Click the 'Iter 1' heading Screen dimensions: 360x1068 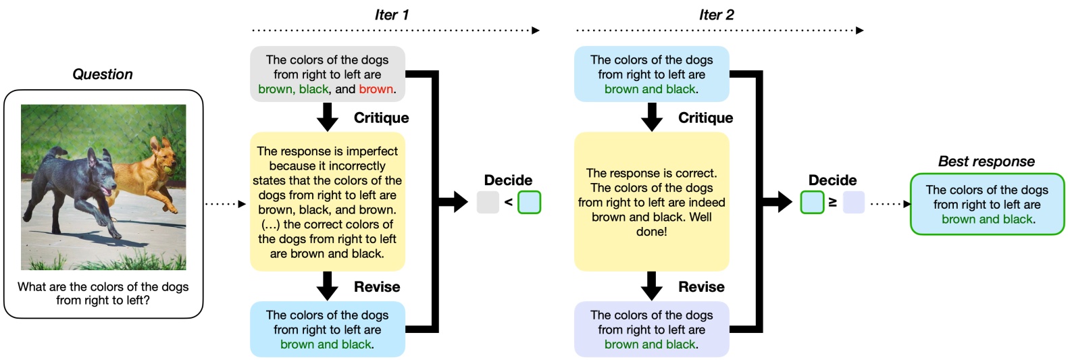pos(391,15)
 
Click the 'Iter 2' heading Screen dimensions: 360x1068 pos(716,15)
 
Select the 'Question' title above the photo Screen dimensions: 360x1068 pos(103,74)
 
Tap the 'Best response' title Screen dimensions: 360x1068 pos(986,161)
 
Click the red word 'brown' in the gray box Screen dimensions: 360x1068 pos(376,89)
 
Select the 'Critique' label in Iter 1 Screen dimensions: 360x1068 pos(381,118)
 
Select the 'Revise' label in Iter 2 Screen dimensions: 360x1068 pos(701,287)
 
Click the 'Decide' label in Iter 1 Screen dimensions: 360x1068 pos(508,180)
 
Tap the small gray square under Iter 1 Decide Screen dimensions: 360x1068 pos(488,203)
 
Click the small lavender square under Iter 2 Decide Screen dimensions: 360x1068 pos(853,203)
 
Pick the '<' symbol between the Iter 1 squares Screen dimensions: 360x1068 pos(508,203)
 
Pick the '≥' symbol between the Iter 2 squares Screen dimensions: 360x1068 pos(833,203)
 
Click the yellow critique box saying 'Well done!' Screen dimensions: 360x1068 pos(652,203)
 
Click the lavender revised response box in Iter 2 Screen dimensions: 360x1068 pos(652,330)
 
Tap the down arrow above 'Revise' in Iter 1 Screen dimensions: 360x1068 pos(327,286)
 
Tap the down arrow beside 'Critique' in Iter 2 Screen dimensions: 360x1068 pos(652,117)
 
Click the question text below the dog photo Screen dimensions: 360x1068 pos(103,293)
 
